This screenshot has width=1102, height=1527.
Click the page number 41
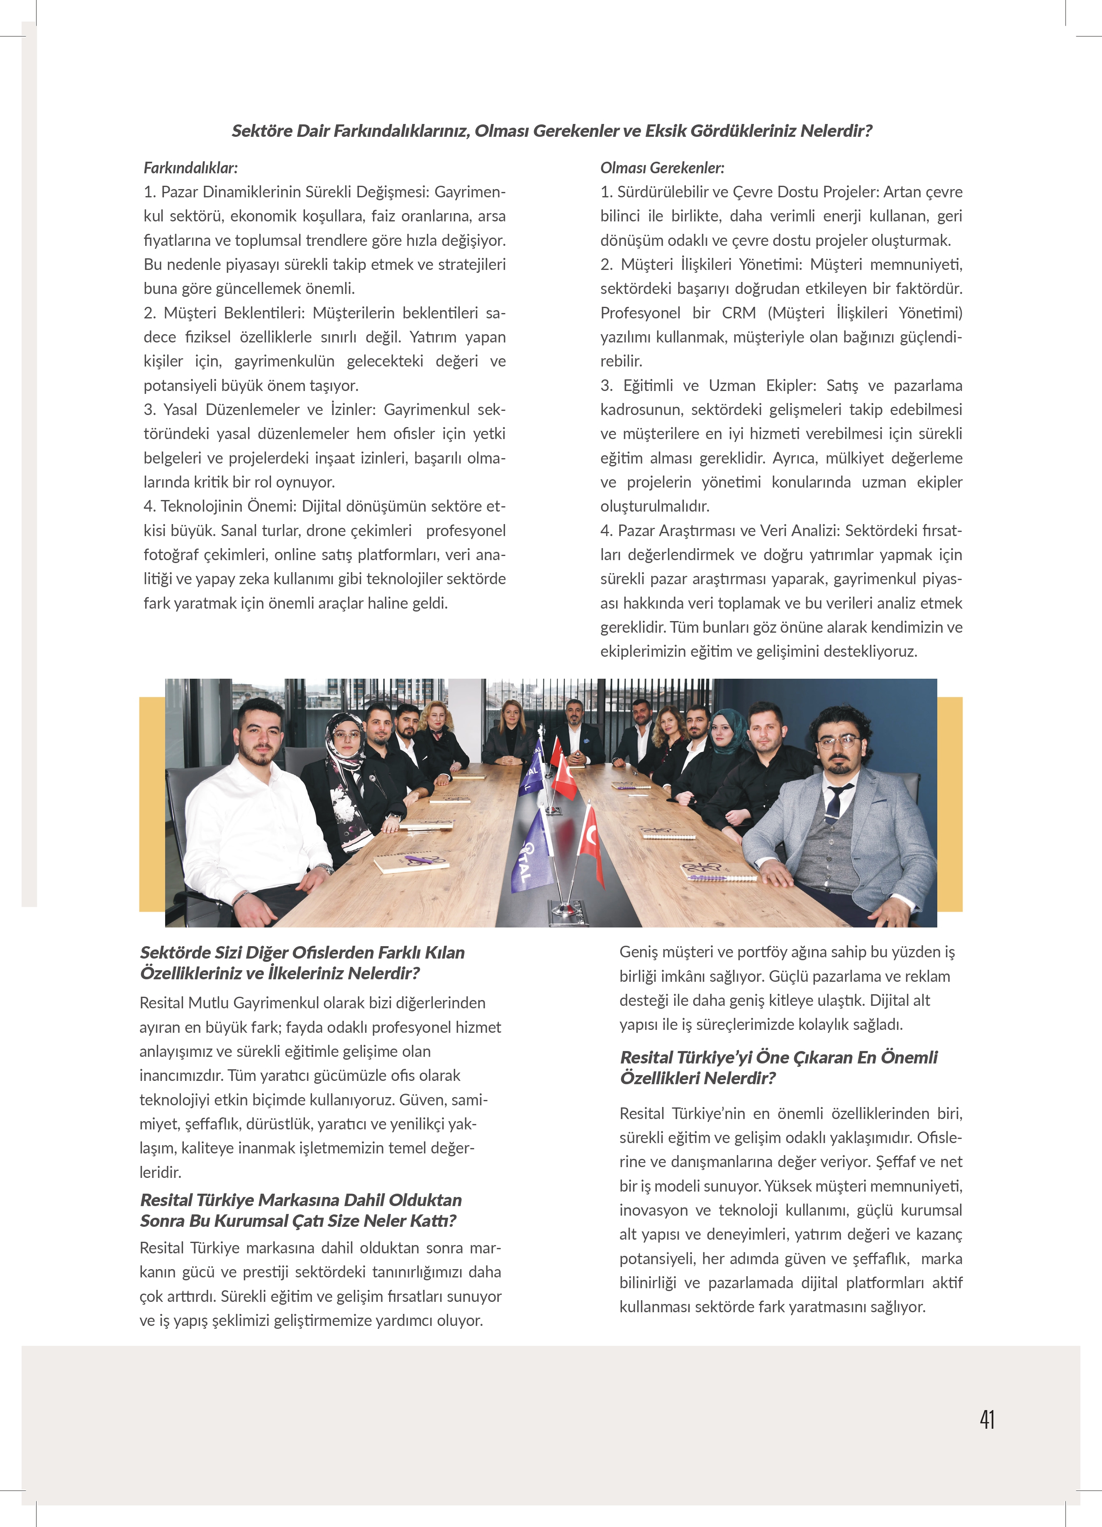point(987,1419)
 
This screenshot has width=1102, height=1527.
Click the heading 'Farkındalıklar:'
point(190,168)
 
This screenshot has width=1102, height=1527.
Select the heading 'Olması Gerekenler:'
point(662,168)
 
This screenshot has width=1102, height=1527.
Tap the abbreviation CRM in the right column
point(739,313)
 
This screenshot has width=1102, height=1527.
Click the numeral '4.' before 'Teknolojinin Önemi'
point(149,506)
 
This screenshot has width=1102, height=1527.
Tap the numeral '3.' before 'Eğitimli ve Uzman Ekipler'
point(606,386)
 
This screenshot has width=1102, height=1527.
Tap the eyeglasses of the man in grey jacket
point(839,742)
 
